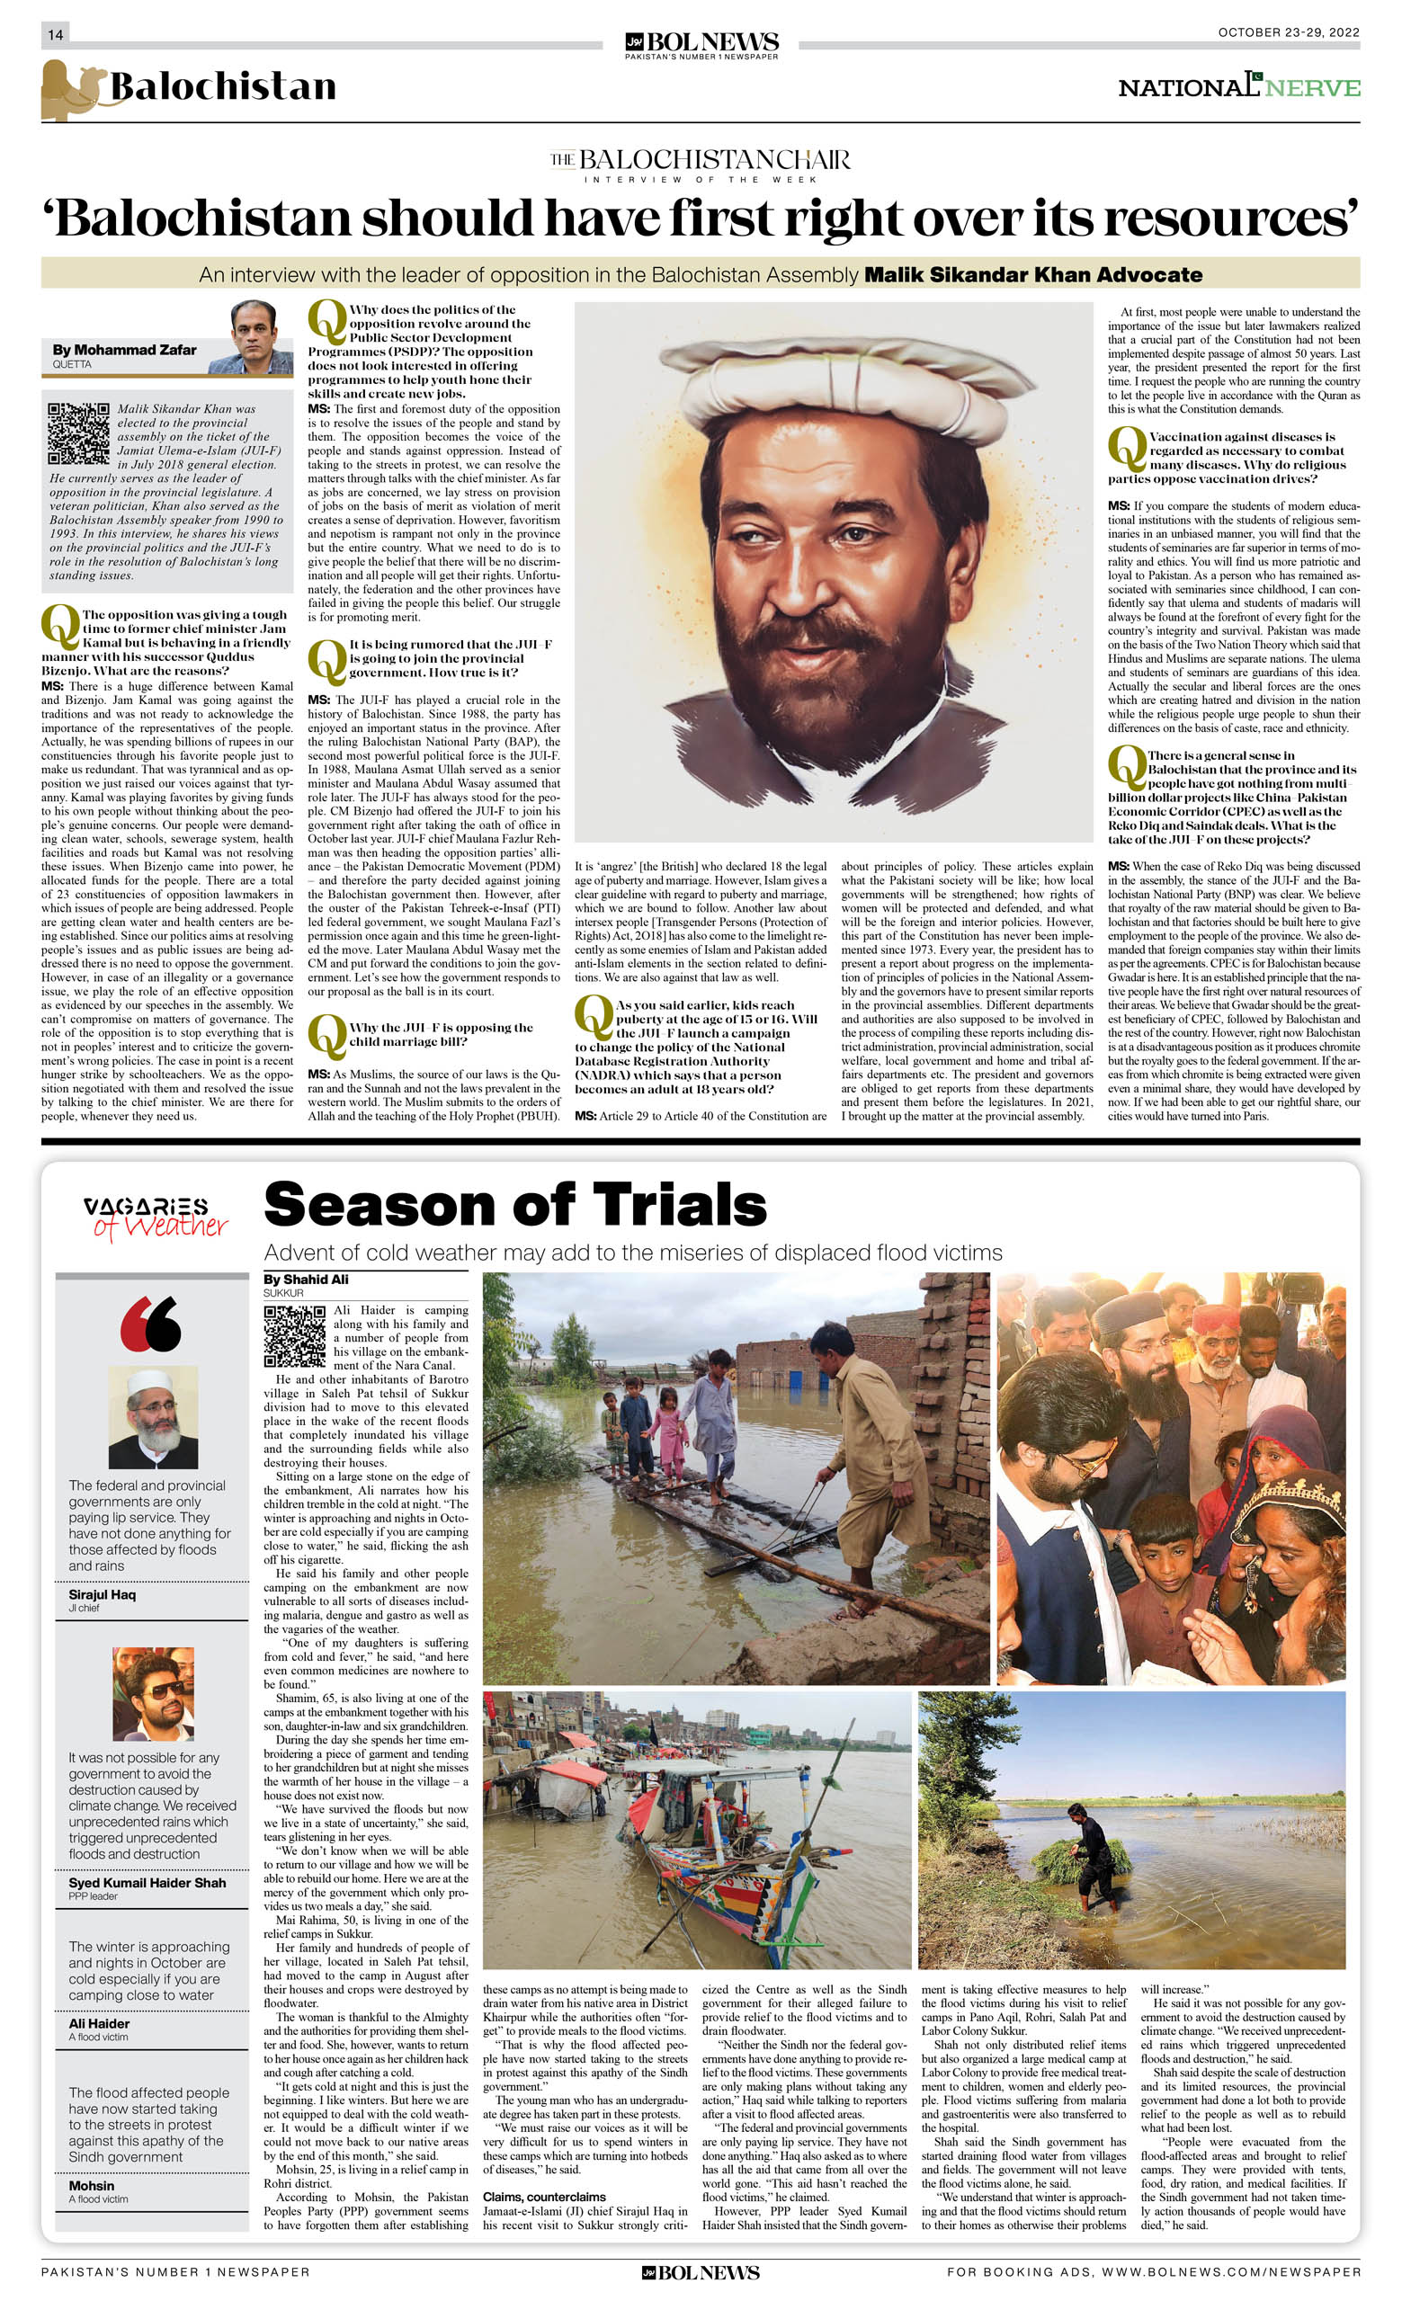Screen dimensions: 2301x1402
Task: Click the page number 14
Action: click(x=55, y=34)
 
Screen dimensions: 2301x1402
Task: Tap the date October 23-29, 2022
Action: click(x=1288, y=32)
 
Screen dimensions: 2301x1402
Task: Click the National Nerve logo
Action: click(x=1238, y=87)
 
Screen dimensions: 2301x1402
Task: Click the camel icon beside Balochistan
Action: click(x=69, y=90)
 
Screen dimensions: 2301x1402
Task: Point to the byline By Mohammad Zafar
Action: click(x=124, y=350)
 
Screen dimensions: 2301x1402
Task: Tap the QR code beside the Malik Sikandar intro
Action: click(x=78, y=433)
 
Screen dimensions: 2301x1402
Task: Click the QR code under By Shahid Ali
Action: click(x=294, y=1336)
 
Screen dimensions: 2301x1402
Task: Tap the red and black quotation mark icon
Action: click(x=150, y=1324)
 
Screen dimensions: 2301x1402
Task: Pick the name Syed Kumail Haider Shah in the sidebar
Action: click(x=147, y=1883)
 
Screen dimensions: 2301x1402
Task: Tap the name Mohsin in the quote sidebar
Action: click(x=92, y=2185)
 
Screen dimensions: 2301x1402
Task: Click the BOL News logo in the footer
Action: click(x=701, y=2273)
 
